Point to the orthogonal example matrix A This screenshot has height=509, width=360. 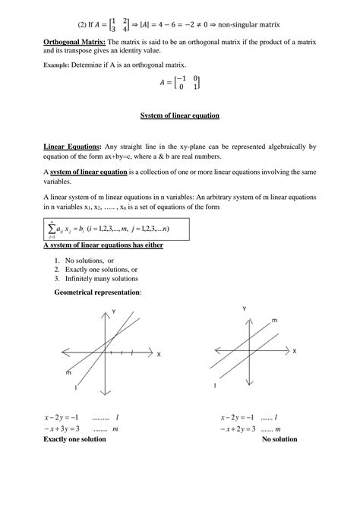tap(179, 83)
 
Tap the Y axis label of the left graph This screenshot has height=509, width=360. tap(113, 312)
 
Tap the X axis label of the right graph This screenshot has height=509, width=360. tap(294, 352)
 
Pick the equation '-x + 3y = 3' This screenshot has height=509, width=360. tap(68, 428)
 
